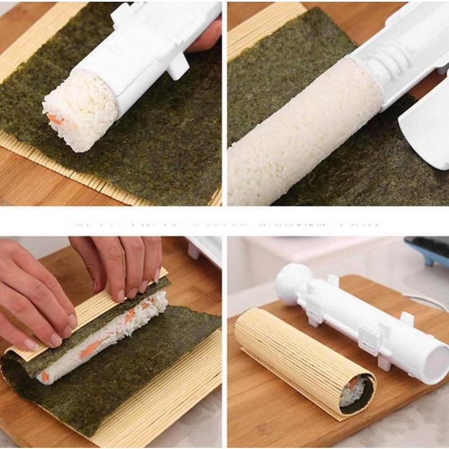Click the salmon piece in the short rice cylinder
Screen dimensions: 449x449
tap(55, 119)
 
